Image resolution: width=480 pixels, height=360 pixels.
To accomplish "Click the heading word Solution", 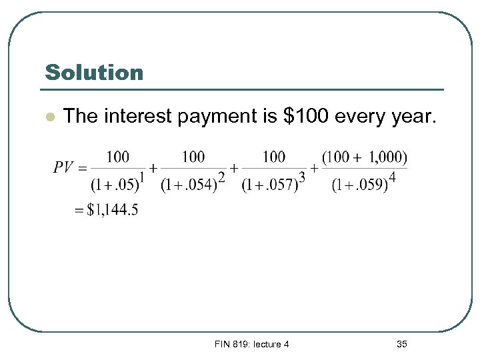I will (94, 72).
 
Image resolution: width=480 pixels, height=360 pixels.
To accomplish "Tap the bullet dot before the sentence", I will (49, 117).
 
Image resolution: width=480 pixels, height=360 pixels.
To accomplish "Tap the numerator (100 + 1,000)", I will (364, 157).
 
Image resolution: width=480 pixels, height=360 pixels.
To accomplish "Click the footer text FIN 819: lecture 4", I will (251, 344).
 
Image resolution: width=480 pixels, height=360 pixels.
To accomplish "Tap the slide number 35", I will (401, 344).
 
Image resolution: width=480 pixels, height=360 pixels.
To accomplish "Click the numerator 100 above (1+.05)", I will (118, 157).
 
